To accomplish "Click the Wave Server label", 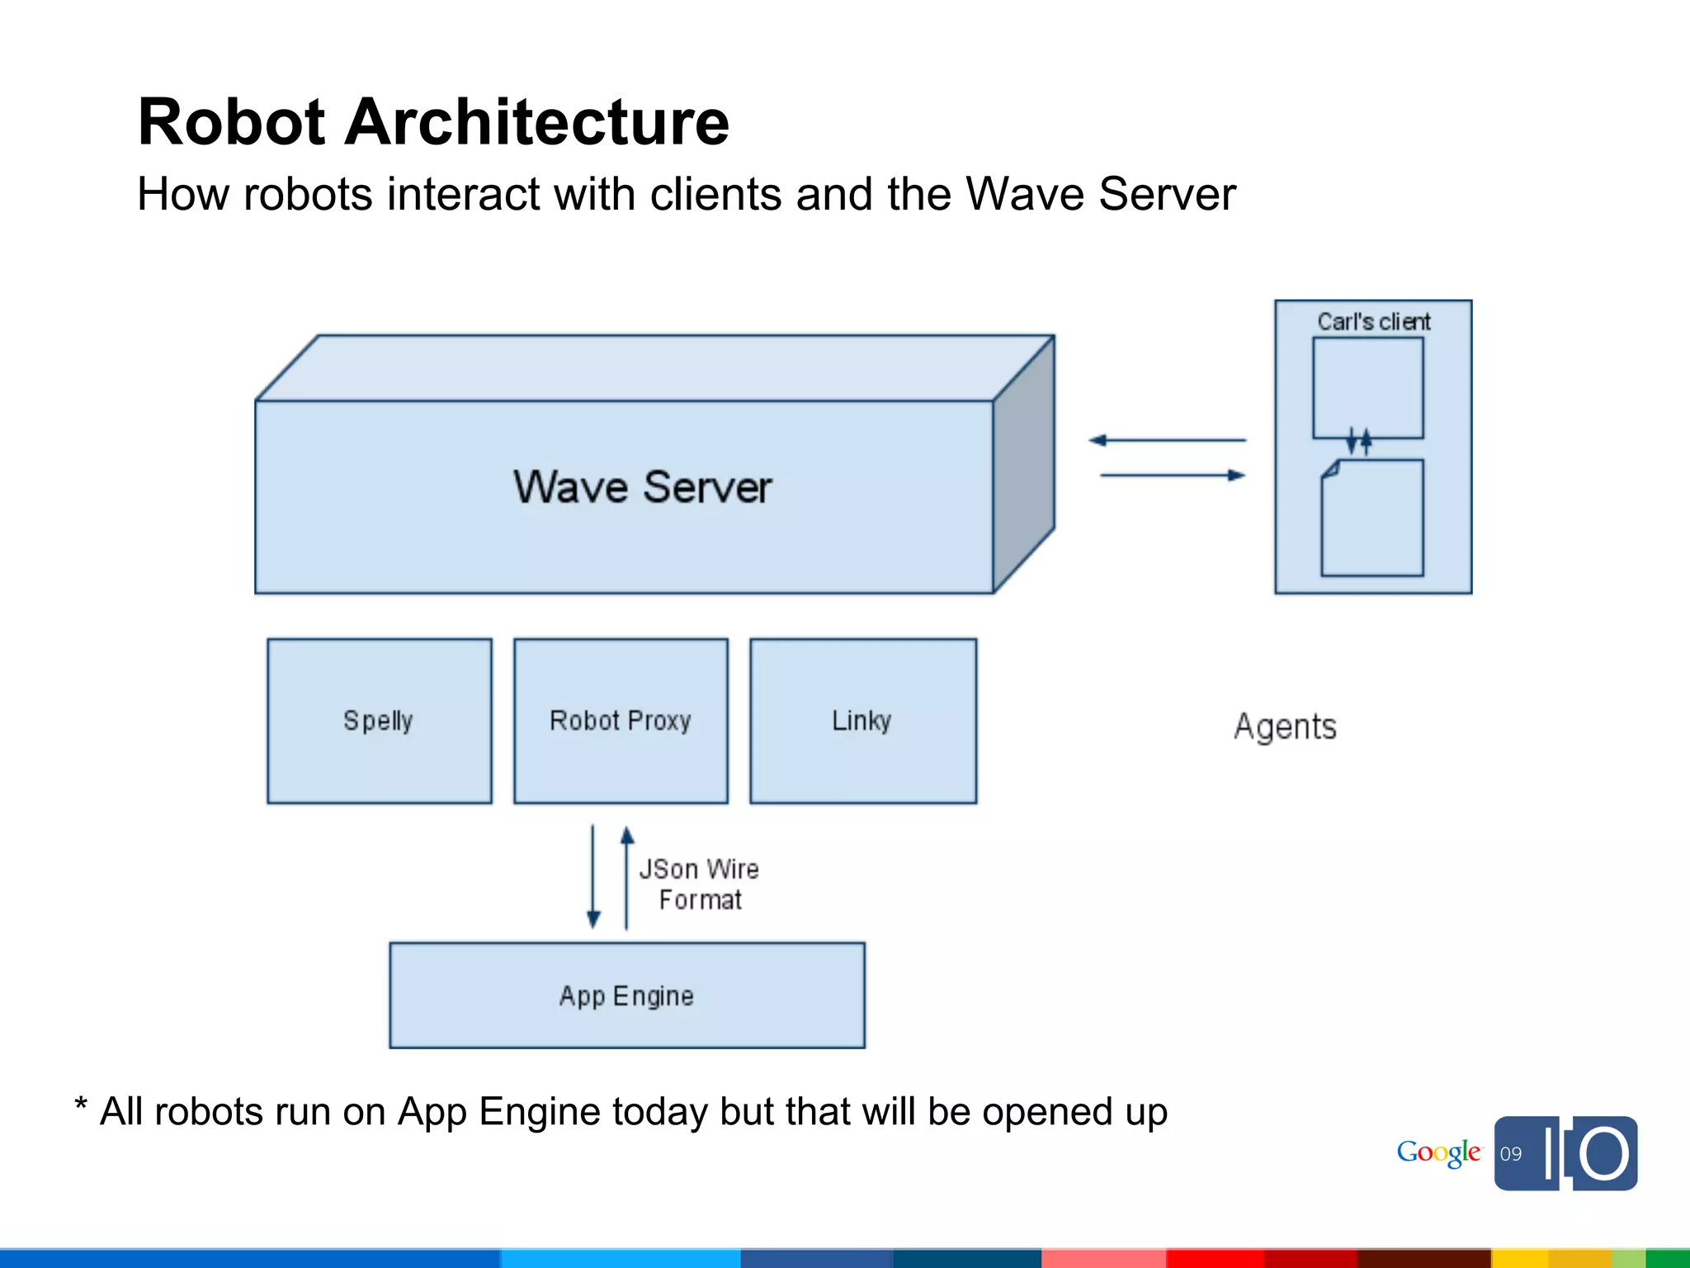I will [x=642, y=486].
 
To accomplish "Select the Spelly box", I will [x=379, y=721].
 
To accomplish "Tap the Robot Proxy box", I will [x=621, y=721].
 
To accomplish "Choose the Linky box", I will [x=862, y=721].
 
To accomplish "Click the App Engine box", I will [x=626, y=996].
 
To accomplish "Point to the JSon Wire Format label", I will [x=699, y=884].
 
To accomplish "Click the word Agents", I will [x=1285, y=727].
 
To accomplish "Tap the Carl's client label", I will [x=1373, y=322].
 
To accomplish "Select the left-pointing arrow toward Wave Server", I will [x=1167, y=441].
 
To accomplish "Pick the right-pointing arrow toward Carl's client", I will [x=1172, y=475].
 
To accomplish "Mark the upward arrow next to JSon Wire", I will [x=627, y=878].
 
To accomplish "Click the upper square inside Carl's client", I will [x=1367, y=386].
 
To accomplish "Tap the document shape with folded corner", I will [x=1372, y=518].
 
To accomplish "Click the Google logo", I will [x=1438, y=1152].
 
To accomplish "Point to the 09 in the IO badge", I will [x=1511, y=1154].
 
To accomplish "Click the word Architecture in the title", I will [x=536, y=122].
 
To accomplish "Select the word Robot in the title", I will [x=234, y=122].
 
